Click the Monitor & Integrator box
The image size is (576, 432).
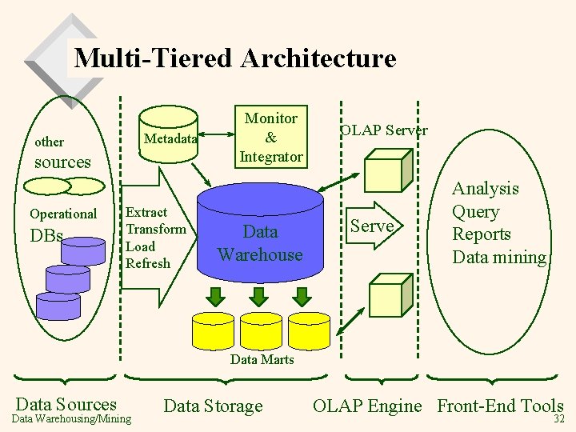click(271, 137)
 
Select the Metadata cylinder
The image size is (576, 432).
click(169, 134)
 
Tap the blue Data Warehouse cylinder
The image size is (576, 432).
click(260, 233)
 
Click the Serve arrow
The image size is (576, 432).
click(374, 226)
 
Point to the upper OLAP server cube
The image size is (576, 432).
click(389, 170)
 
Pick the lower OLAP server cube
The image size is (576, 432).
click(391, 295)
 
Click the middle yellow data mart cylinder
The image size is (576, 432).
click(261, 331)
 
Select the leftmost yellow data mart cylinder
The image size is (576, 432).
click(213, 331)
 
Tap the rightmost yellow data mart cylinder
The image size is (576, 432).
click(309, 331)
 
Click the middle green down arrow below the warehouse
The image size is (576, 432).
click(258, 297)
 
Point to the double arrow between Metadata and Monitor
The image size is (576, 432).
click(216, 134)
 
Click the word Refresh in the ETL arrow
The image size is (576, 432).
click(148, 263)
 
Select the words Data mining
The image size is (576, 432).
click(499, 257)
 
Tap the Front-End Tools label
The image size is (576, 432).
click(500, 406)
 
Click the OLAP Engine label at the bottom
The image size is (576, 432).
click(367, 406)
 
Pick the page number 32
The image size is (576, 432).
click(558, 418)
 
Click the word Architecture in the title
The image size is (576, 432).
click(318, 58)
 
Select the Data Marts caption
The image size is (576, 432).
click(262, 359)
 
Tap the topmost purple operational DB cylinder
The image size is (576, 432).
click(83, 251)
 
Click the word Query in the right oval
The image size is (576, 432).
click(476, 212)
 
